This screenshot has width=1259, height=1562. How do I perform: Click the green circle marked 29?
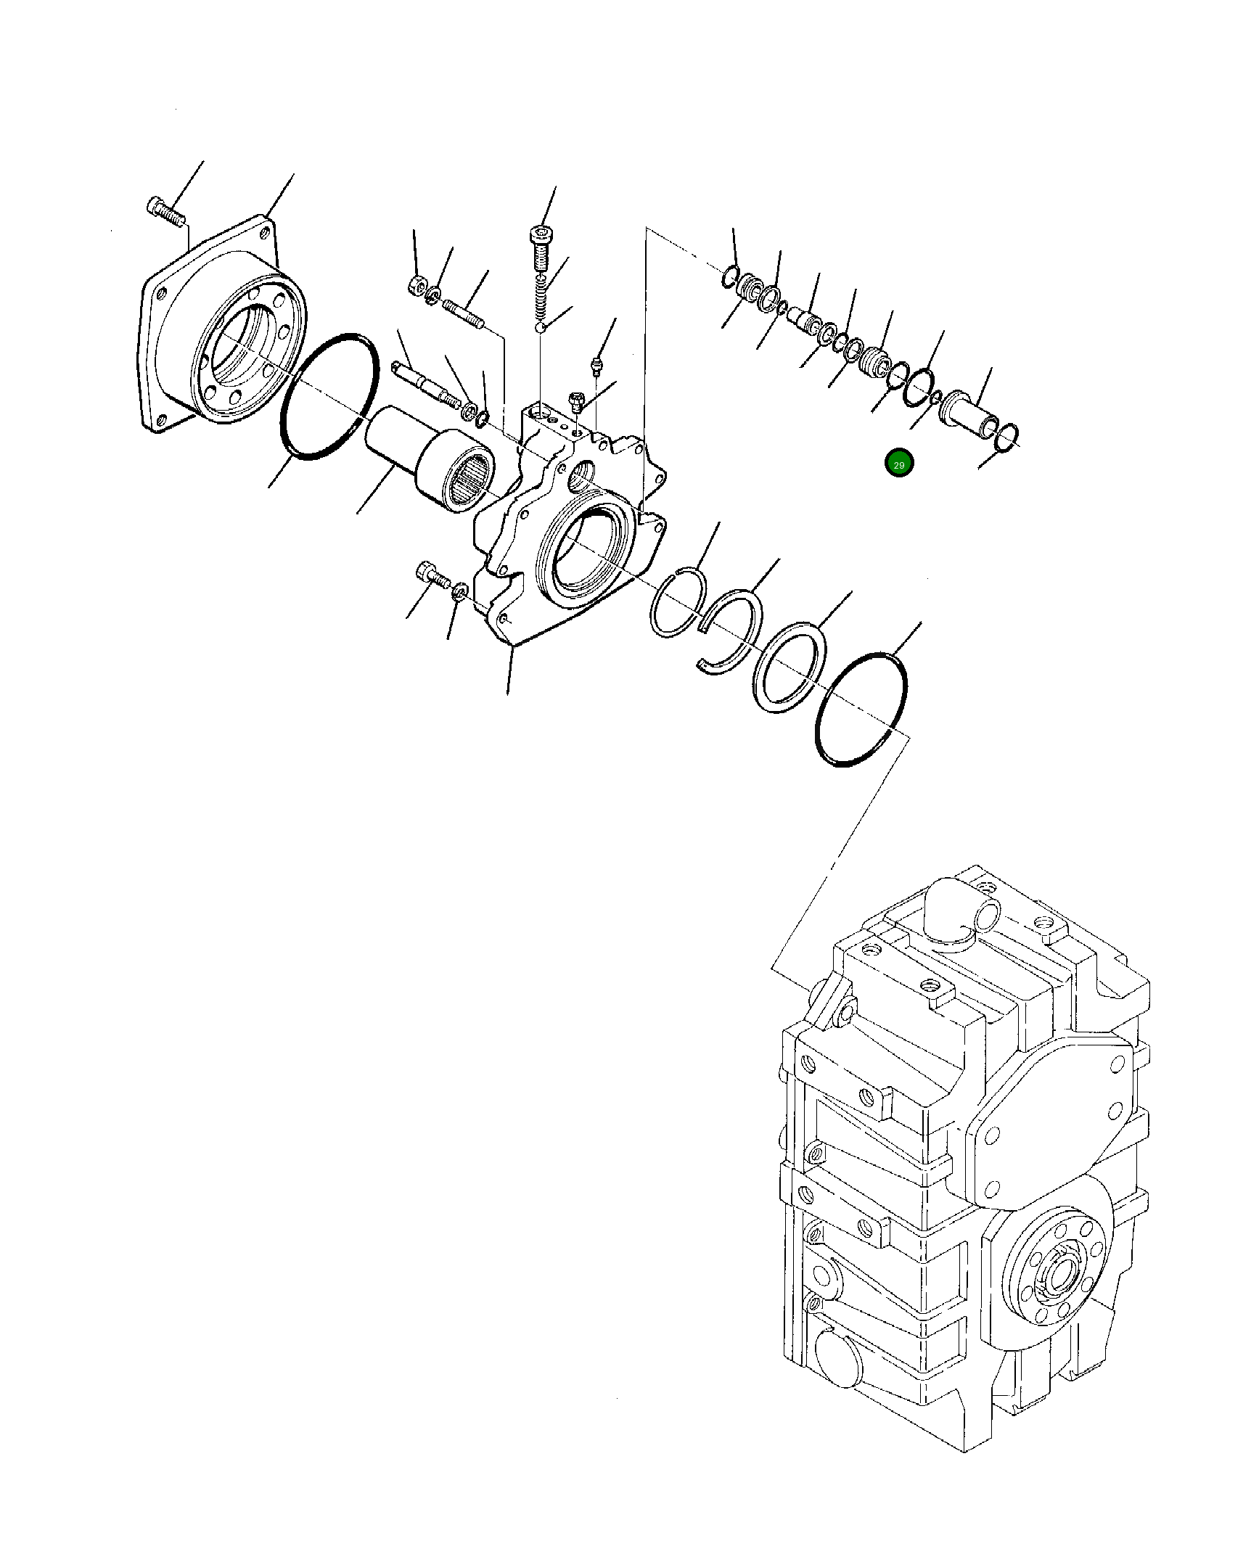pyautogui.click(x=898, y=464)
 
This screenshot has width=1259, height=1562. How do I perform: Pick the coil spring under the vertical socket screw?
pyautogui.click(x=541, y=300)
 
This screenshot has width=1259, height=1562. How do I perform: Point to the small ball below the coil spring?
pyautogui.click(x=541, y=329)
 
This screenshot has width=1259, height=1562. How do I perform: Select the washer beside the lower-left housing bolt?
pyautogui.click(x=459, y=593)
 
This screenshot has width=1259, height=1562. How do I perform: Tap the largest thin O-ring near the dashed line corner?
pyautogui.click(x=861, y=710)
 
